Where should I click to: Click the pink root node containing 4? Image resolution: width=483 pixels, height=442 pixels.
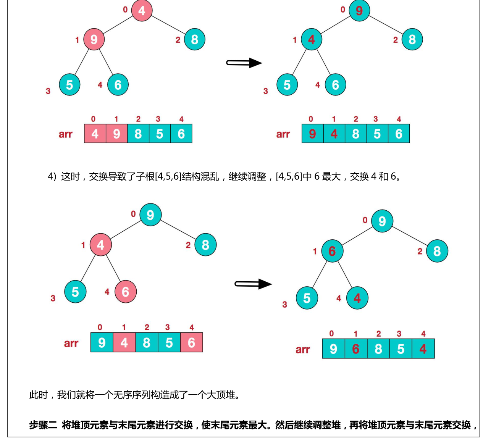(142, 11)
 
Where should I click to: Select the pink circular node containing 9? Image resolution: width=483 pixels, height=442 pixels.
(94, 39)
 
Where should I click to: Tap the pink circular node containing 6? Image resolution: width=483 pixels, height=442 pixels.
(125, 292)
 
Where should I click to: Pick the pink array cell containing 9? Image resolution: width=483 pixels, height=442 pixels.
(116, 134)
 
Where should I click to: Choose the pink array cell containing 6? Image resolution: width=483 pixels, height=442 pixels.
(191, 343)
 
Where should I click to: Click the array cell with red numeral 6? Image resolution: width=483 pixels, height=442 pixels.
(355, 349)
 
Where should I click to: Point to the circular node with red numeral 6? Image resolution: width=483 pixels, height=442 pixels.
(332, 251)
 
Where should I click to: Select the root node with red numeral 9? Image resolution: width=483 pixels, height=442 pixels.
(359, 11)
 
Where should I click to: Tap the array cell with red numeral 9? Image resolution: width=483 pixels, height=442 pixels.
(312, 134)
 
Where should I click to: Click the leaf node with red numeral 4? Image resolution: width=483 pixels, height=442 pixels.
(357, 298)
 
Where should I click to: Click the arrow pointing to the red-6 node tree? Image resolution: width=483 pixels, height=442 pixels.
(253, 284)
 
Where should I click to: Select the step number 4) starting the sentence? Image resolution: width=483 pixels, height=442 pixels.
(52, 176)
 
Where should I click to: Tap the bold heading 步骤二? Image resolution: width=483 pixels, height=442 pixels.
(43, 425)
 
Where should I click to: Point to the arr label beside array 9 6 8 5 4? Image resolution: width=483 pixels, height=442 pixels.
(302, 350)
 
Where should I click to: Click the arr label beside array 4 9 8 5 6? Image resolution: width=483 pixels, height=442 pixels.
(65, 134)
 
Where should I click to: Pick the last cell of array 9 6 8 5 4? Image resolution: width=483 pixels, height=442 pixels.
(423, 349)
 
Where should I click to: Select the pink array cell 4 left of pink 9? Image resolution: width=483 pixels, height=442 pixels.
(95, 134)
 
